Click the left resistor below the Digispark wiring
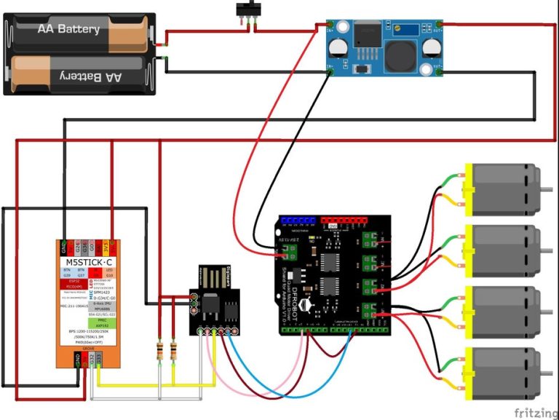coord(159,354)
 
